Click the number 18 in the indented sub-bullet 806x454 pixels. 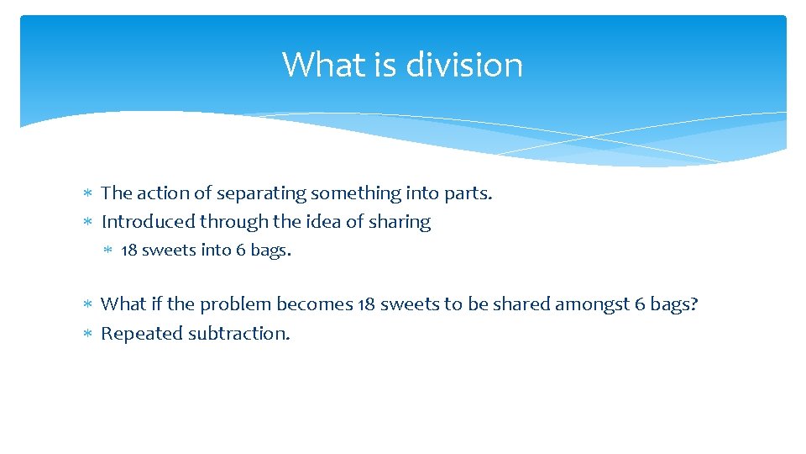129,250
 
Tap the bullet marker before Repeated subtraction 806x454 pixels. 89,334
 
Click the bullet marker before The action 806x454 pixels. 89,194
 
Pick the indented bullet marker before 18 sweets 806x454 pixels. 109,251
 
